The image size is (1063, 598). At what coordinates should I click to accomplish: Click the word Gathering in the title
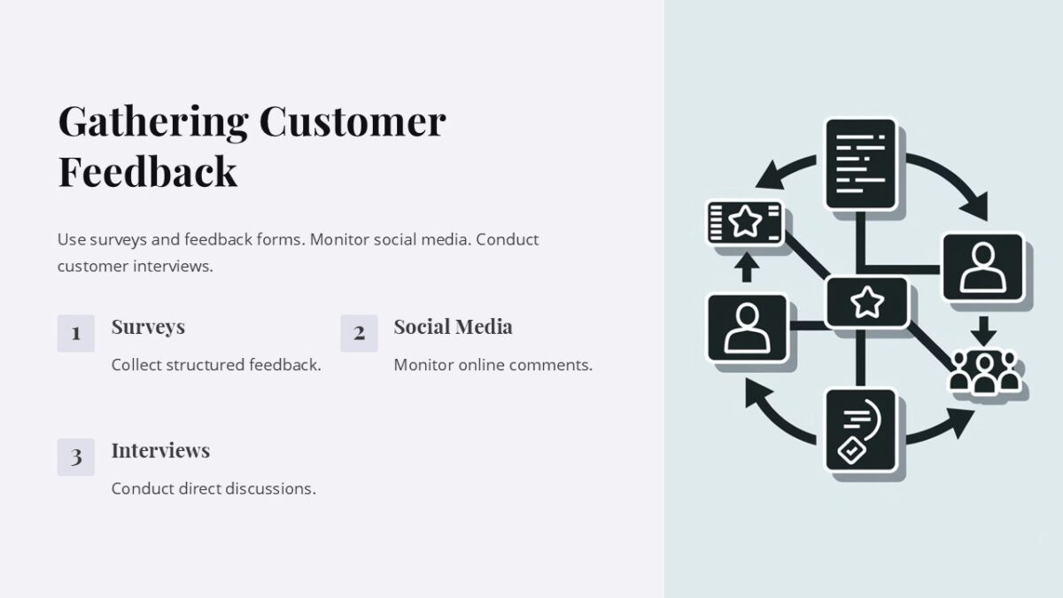tap(152, 121)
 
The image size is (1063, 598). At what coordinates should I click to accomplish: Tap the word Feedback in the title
tap(147, 171)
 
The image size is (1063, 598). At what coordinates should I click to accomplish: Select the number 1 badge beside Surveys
tap(76, 333)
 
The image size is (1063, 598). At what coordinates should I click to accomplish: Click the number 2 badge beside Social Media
tap(359, 333)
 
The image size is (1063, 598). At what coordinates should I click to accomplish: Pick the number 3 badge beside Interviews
tap(76, 457)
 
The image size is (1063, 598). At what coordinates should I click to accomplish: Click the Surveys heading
tap(148, 327)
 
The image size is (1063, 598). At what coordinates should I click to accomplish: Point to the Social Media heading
tap(453, 327)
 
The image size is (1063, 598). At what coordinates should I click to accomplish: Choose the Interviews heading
tap(160, 450)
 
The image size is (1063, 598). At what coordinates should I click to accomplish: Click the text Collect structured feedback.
tap(216, 364)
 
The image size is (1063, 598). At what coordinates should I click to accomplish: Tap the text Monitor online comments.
tap(493, 364)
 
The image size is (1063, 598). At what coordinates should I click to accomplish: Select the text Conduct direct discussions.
tap(213, 488)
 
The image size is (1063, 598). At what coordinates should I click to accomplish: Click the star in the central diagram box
tap(866, 302)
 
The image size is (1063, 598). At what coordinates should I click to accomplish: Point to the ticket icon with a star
tap(745, 222)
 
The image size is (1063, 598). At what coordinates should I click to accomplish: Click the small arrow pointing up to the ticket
tap(746, 268)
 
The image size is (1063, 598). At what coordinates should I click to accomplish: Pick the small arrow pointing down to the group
tap(983, 331)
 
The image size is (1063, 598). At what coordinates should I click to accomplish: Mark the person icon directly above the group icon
tap(983, 268)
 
